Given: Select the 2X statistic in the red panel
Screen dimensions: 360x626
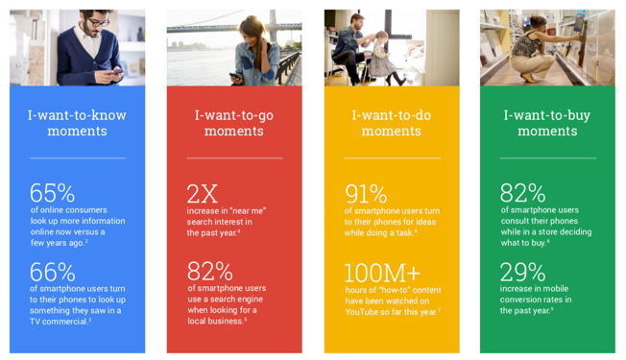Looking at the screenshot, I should tap(205, 193).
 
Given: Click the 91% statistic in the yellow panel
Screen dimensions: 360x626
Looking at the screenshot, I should tap(365, 193).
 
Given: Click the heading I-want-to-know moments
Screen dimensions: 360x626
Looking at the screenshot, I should tap(77, 123).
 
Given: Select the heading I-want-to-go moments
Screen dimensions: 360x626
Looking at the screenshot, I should tap(233, 123).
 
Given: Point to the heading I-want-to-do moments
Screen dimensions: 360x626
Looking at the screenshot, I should tap(391, 123).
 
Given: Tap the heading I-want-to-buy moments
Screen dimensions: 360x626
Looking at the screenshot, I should tap(547, 123).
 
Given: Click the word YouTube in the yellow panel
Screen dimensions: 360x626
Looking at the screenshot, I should tap(365, 311).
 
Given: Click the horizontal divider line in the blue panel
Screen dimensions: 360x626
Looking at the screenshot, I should tap(77, 157).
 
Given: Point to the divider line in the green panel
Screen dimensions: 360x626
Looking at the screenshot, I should tap(547, 157).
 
